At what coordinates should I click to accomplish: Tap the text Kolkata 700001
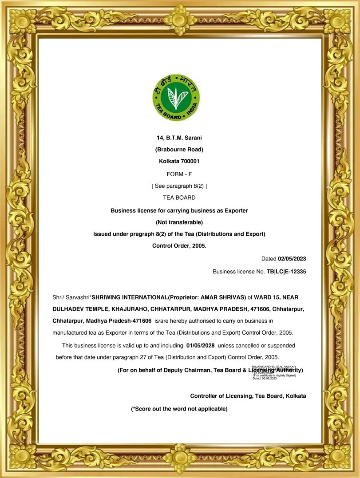point(179,161)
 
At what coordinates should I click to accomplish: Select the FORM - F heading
point(179,174)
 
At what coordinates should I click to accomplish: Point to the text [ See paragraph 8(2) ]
point(179,186)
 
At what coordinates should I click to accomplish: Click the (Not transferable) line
point(179,222)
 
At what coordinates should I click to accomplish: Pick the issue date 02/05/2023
point(292,259)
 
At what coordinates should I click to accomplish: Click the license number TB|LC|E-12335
point(286,271)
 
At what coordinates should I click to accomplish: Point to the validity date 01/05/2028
point(201,345)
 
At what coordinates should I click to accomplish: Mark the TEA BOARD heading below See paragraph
point(179,198)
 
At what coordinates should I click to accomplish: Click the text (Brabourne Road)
point(179,150)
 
